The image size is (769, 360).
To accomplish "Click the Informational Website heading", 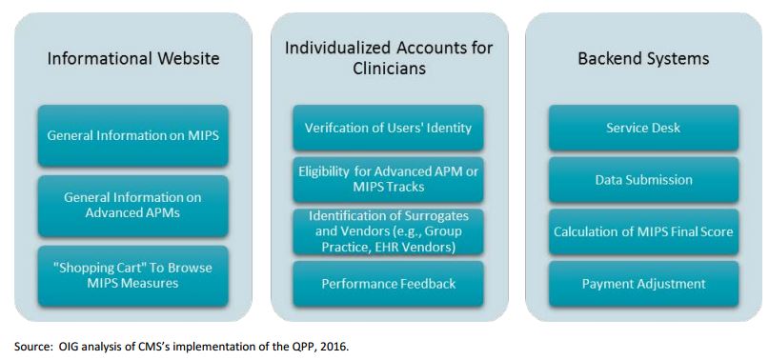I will click(x=133, y=59).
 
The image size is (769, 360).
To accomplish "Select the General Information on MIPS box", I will click(x=133, y=135).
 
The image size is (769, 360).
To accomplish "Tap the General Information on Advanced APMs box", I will click(x=133, y=205).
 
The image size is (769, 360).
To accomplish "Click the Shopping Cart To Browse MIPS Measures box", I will click(x=133, y=275).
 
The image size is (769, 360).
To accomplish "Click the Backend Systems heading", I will click(x=643, y=59).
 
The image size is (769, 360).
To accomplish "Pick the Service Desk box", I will click(x=643, y=128).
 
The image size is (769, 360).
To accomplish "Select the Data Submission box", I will click(x=643, y=180).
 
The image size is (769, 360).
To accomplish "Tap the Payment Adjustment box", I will click(x=643, y=284).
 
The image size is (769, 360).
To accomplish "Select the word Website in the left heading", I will click(x=187, y=59).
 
